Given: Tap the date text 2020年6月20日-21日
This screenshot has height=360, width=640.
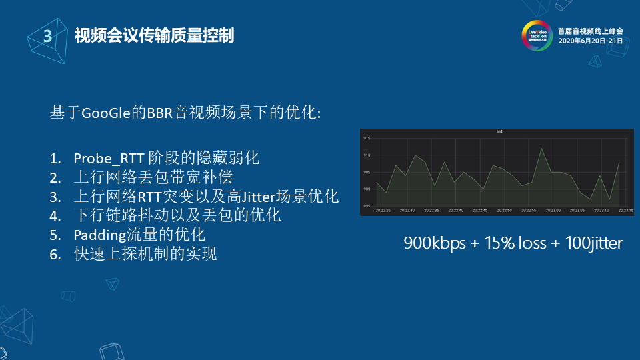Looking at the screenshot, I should [x=591, y=41].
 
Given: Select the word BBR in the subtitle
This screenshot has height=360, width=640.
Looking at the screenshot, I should [x=160, y=113].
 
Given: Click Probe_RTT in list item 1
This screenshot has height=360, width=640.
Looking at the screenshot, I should [x=105, y=159].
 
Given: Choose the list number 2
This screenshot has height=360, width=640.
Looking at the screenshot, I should [x=55, y=178].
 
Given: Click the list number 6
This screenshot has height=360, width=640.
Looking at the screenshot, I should [x=55, y=254].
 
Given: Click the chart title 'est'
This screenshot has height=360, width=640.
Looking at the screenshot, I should [x=499, y=132].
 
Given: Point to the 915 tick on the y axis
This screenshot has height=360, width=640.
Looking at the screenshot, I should [x=367, y=138].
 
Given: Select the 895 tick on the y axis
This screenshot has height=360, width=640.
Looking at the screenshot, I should [x=367, y=206].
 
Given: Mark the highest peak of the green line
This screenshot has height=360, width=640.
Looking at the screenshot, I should [x=541, y=149].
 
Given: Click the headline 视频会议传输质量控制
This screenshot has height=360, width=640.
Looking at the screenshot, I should [x=154, y=35].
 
